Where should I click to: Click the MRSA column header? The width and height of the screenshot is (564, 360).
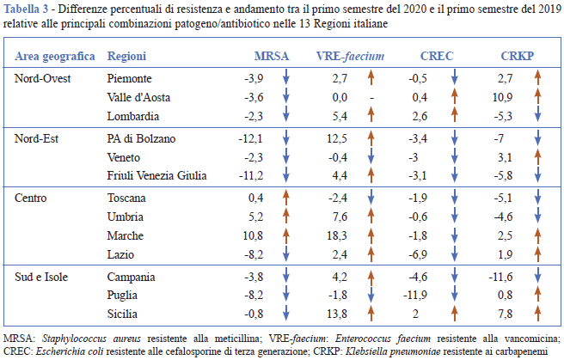coord(272,57)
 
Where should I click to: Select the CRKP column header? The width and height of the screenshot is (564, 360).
coord(518,57)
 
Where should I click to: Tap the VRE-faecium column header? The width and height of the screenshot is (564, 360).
coord(350,57)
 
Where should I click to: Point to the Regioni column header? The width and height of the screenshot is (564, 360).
coord(127,57)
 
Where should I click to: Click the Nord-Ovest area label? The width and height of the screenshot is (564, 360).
coord(44,78)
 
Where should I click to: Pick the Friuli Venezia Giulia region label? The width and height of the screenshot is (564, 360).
coord(158,176)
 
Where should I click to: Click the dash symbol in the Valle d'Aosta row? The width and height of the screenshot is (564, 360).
coord(371,97)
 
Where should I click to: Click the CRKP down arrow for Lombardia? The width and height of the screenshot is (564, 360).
coord(537,116)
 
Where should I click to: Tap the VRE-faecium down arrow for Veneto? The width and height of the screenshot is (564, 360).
coord(371,157)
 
